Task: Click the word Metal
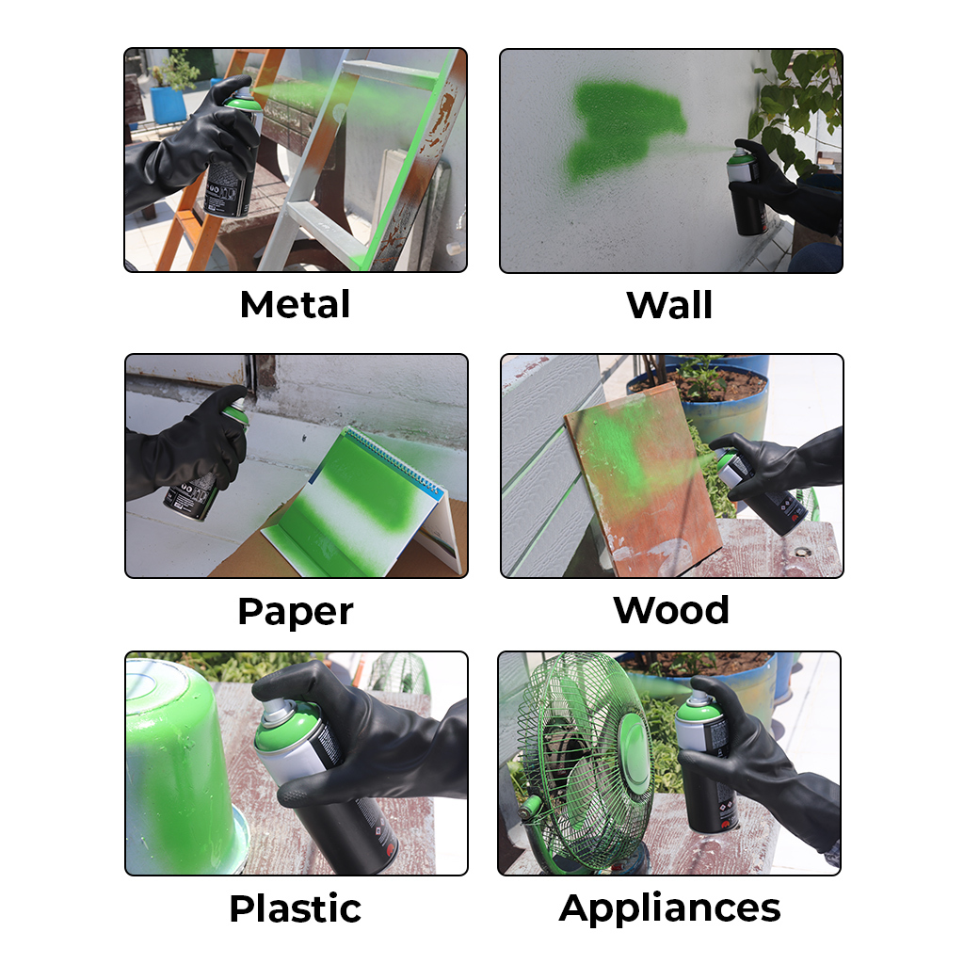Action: coord(295,304)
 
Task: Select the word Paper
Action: coord(296,612)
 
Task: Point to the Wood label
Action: coord(671,610)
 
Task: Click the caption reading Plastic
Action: coord(296,908)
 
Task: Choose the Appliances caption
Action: coord(670,908)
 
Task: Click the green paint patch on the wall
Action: coord(623,130)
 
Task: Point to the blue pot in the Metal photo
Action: coord(168,104)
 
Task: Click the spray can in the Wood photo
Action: coord(760,491)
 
